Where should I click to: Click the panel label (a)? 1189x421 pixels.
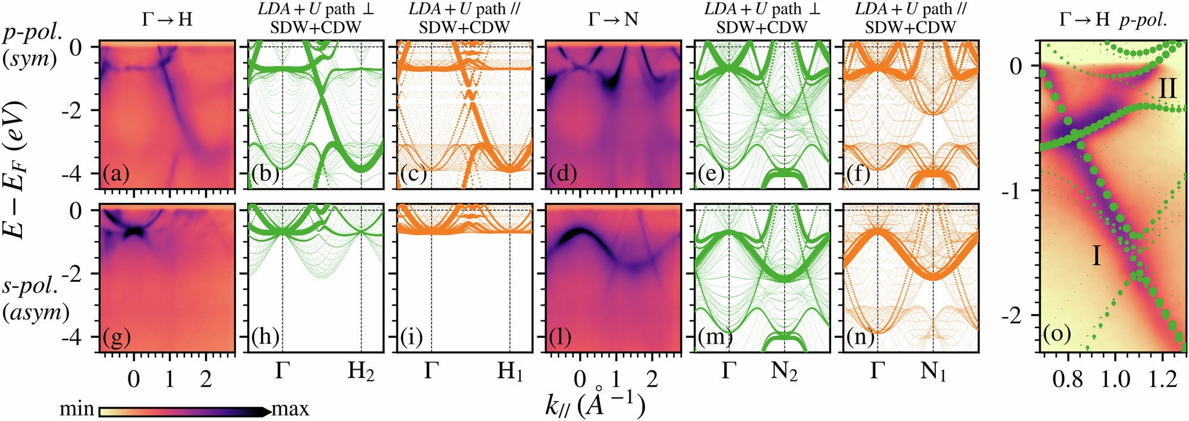[115, 175]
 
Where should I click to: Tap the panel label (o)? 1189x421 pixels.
[1057, 334]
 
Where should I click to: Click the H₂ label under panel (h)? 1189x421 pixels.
[361, 372]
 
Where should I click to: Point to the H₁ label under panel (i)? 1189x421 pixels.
[510, 372]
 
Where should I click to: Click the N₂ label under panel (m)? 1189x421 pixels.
[785, 372]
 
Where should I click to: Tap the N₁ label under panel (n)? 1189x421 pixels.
[933, 372]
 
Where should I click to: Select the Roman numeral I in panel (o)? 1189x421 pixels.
[1097, 256]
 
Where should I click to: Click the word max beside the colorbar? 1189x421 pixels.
[290, 409]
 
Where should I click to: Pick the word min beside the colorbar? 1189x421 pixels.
[77, 409]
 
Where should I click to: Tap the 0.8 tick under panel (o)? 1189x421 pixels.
[1068, 379]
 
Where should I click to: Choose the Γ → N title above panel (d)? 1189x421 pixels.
[613, 20]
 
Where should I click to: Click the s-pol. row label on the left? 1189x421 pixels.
[31, 287]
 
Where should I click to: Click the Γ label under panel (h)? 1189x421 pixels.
[282, 372]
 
